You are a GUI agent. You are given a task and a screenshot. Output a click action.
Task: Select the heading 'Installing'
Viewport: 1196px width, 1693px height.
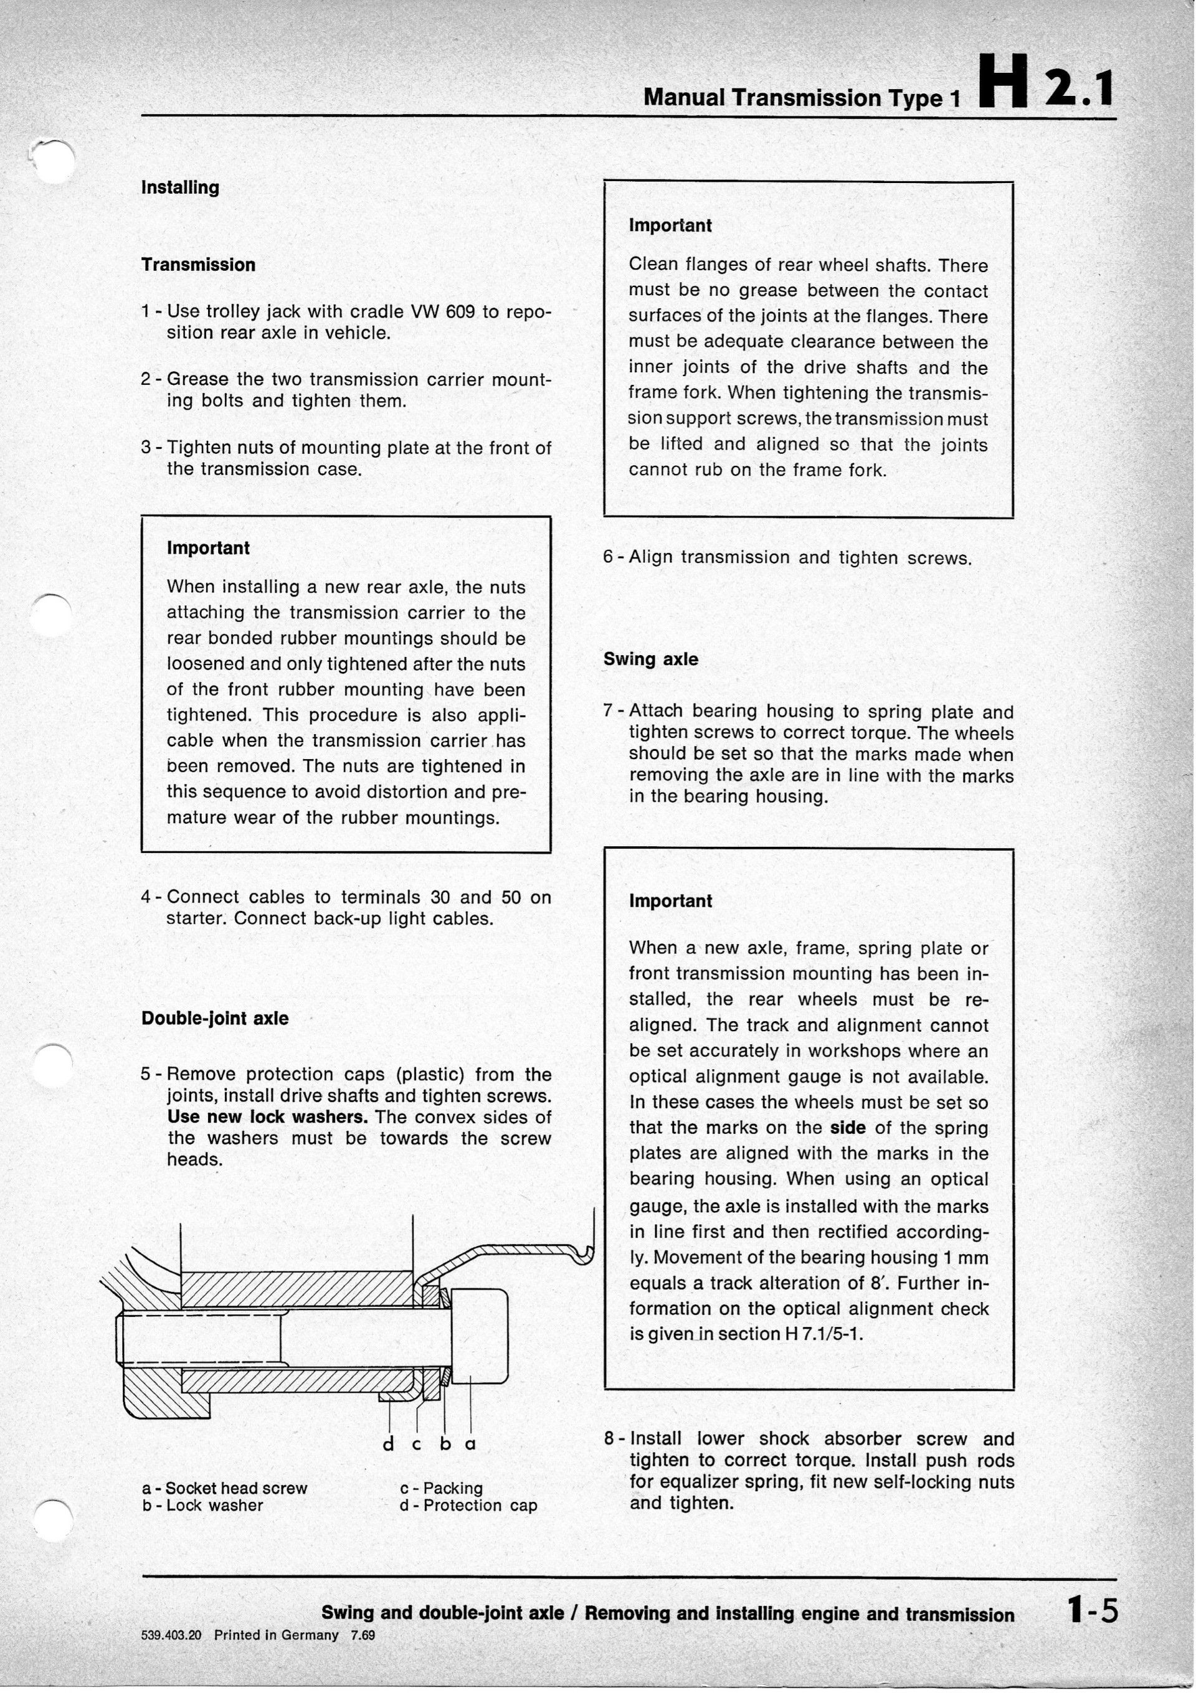click(180, 187)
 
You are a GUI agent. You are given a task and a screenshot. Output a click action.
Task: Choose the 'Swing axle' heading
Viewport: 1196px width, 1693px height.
click(650, 659)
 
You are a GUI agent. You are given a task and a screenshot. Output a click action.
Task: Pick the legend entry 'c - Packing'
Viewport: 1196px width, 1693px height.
click(440, 1489)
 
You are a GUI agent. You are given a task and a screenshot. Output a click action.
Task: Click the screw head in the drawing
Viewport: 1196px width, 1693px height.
click(478, 1336)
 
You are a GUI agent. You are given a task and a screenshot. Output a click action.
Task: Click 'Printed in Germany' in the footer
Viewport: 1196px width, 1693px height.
click(275, 1634)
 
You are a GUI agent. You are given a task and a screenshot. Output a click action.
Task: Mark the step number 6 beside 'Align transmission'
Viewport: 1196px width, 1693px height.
click(609, 557)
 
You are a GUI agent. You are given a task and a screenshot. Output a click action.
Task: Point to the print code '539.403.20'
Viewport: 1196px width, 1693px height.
click(171, 1634)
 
